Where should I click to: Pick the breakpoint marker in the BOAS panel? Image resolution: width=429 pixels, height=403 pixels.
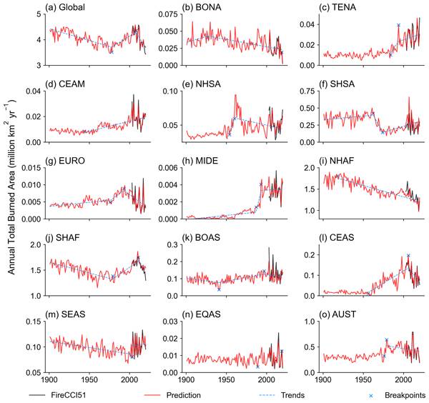coord(219,289)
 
